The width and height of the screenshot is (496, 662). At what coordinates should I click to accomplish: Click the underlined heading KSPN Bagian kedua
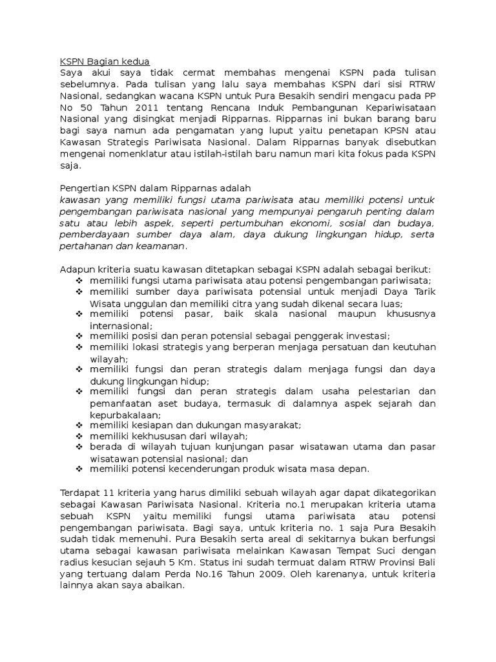pos(104,61)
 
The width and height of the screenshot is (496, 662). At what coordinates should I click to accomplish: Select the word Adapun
pos(77,269)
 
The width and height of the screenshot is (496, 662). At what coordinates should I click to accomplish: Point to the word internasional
pos(121,326)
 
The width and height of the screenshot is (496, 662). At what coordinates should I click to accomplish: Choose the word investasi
pos(368,336)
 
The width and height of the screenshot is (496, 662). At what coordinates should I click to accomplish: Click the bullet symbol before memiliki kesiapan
pos(79,425)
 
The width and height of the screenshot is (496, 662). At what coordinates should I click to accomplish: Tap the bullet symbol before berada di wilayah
pos(79,447)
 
